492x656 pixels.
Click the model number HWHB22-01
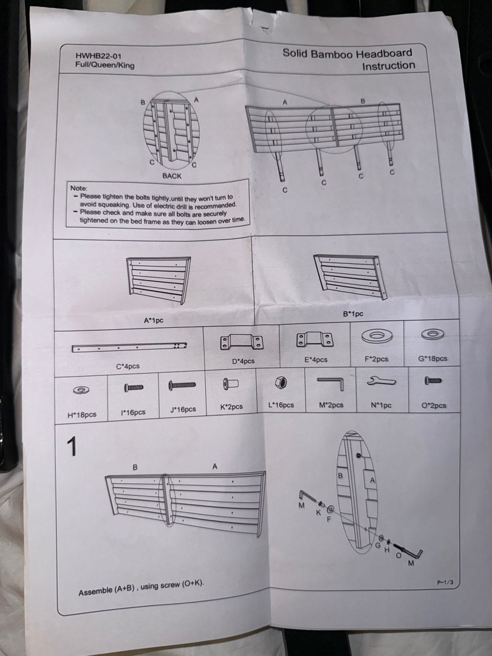(99, 56)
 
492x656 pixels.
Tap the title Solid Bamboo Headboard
(347, 53)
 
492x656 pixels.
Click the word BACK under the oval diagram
(172, 176)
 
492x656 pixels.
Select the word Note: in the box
(79, 188)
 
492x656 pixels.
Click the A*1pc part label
(154, 321)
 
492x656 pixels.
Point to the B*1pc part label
(353, 314)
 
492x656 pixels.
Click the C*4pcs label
(128, 366)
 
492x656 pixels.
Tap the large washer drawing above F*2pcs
(377, 335)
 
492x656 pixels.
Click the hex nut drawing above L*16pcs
(281, 383)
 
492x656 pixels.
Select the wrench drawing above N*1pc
(381, 381)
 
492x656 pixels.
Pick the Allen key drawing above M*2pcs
(332, 382)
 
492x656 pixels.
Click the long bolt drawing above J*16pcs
(182, 385)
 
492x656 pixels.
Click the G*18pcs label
(432, 358)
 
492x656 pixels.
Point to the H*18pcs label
(82, 415)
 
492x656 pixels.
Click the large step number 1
(72, 446)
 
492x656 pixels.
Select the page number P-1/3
(445, 582)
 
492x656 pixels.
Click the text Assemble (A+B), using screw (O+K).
(142, 588)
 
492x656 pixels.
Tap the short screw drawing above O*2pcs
(433, 381)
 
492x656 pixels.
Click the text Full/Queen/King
(105, 65)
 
